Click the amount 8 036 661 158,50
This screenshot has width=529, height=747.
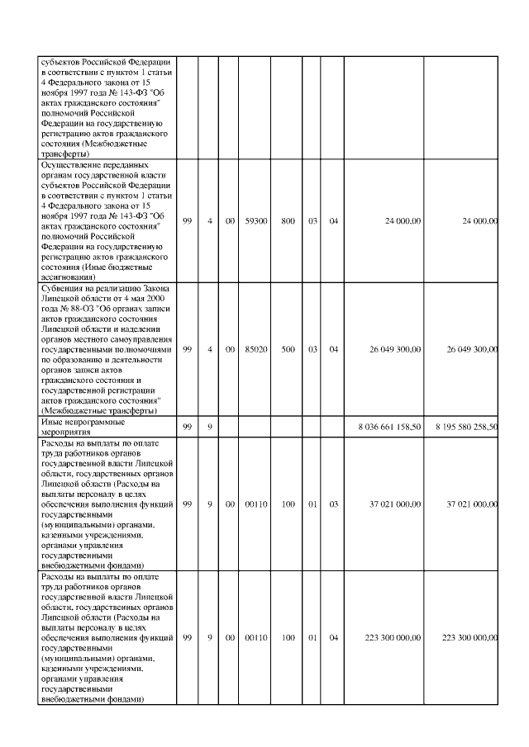click(x=388, y=427)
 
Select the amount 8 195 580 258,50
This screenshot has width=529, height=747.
click(x=466, y=427)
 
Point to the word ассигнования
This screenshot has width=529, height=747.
click(x=68, y=277)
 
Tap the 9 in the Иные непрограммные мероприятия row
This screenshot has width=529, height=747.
click(x=210, y=427)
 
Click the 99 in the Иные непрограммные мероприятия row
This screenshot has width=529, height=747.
click(x=188, y=427)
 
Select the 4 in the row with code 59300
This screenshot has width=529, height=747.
click(x=210, y=221)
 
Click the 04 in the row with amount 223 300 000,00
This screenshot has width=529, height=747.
click(x=333, y=637)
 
